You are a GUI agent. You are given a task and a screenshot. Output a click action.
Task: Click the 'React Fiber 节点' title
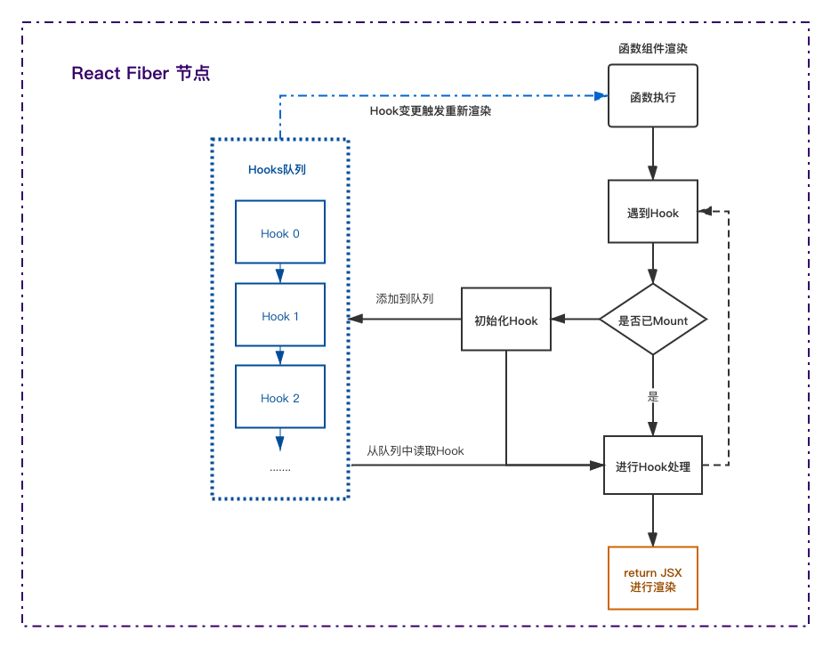point(141,73)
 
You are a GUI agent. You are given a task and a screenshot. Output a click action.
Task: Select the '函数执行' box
point(652,96)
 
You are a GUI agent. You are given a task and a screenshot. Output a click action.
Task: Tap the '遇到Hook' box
point(652,212)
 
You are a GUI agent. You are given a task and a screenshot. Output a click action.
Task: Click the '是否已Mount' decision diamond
point(653,320)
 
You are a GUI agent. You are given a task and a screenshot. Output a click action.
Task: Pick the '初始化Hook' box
point(506,320)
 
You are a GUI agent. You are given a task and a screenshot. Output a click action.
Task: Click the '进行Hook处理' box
point(653,465)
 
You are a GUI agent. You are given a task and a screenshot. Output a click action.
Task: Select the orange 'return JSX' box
point(652,578)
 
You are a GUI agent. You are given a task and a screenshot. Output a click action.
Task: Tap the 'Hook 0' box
point(280,231)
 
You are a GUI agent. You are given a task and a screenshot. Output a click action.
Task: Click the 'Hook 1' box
point(280,314)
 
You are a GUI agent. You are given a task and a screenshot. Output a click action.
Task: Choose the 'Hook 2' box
point(280,397)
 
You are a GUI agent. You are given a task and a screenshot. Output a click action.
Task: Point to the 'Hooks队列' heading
point(277,170)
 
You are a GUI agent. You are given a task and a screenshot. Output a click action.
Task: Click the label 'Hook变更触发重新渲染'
point(431,111)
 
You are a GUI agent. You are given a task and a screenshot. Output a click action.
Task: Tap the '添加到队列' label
point(404,298)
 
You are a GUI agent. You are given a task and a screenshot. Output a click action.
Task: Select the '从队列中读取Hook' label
point(415,450)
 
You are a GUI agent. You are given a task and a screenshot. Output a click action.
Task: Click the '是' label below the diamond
point(653,396)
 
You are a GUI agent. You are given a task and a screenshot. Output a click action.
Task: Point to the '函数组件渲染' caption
point(653,49)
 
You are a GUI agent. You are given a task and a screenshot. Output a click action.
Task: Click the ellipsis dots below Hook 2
point(280,470)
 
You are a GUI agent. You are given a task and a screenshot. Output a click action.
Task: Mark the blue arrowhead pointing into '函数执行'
point(601,96)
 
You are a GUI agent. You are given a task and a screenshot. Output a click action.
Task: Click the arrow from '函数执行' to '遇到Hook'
point(653,153)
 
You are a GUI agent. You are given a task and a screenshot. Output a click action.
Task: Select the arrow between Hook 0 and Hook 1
point(280,273)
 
